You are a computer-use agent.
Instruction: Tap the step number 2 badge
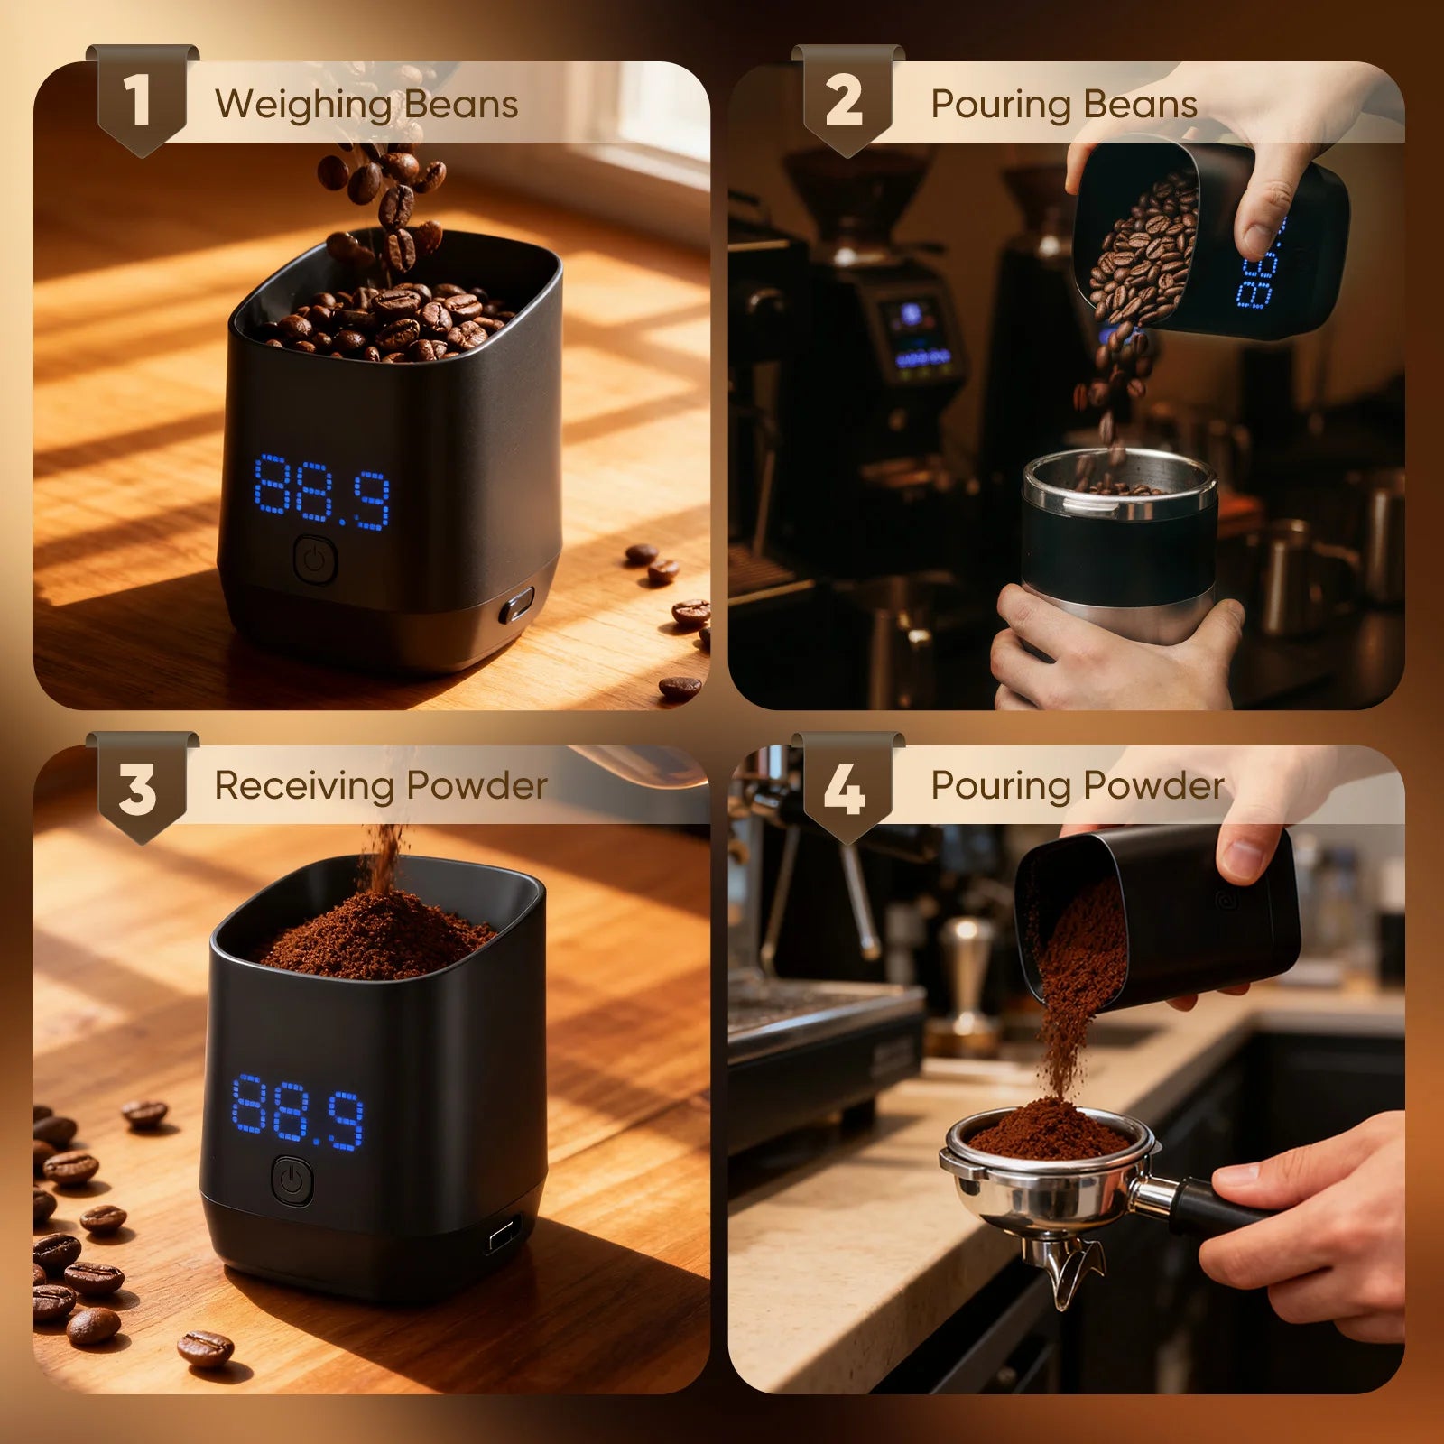coord(847,100)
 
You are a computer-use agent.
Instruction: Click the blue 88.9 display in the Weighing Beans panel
coord(321,492)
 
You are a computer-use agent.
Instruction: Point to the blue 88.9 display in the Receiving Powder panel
coord(298,1112)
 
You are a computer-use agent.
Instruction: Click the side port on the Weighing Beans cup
coord(516,605)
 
